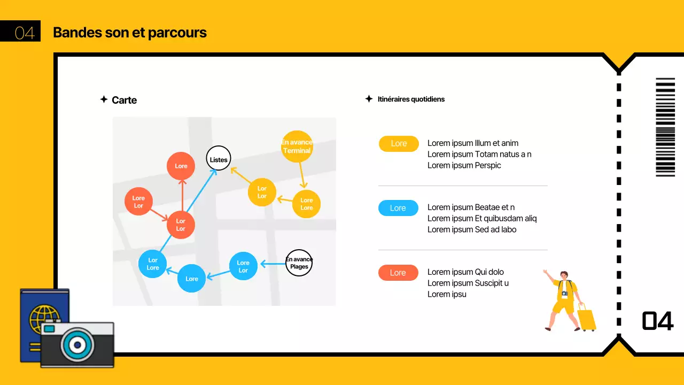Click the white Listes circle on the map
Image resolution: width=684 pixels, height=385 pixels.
[219, 159]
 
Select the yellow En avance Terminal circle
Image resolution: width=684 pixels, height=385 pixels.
[297, 147]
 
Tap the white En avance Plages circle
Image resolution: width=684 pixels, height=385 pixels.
[299, 263]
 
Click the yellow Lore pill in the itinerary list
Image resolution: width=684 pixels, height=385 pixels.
[399, 143]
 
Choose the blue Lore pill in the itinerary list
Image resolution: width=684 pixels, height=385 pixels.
[398, 208]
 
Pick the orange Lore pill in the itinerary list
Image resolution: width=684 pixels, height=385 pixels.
[398, 273]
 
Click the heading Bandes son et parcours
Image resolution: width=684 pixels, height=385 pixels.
[130, 33]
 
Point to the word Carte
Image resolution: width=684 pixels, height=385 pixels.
[124, 100]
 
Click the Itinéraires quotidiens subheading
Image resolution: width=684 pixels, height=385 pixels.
[411, 99]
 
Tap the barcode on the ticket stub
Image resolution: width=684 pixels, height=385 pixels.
[665, 127]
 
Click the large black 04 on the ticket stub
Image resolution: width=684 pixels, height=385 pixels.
[658, 321]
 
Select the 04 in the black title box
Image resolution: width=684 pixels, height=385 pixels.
[25, 33]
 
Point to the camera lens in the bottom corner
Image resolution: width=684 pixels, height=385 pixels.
[77, 345]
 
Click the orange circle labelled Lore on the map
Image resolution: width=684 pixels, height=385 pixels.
[181, 166]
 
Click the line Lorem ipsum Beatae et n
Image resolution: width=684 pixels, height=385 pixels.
[471, 207]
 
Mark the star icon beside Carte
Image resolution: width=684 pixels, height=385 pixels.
[104, 99]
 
